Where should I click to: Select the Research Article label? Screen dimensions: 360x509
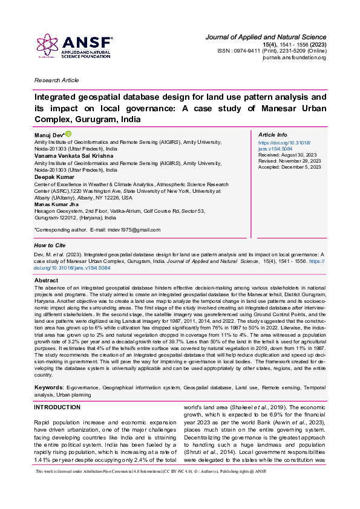click(x=57, y=80)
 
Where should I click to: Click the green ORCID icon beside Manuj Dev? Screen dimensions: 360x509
click(x=68, y=133)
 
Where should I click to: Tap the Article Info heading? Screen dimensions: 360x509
click(x=273, y=134)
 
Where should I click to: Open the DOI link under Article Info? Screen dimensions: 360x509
click(x=281, y=146)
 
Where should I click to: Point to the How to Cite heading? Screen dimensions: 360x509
click(x=50, y=245)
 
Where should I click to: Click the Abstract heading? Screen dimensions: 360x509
click(x=47, y=280)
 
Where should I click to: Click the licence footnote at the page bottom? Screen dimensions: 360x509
click(x=151, y=488)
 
